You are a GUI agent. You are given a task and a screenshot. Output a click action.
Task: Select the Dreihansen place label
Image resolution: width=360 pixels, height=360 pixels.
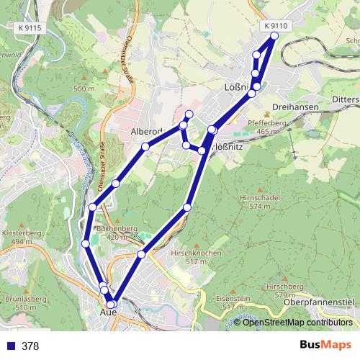[x=297, y=107]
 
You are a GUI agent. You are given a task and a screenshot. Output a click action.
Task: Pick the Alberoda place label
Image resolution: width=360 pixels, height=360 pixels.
[x=148, y=132]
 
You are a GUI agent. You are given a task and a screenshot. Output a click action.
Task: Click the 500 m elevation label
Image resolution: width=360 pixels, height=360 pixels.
[x=83, y=89]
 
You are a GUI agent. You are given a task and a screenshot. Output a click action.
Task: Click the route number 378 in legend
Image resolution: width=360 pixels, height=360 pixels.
[x=31, y=346]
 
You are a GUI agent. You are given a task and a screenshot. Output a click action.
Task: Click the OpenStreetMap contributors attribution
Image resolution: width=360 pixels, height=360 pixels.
[x=297, y=322]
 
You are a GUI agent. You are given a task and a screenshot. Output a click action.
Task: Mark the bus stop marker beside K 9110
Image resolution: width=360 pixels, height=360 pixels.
[x=274, y=36]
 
